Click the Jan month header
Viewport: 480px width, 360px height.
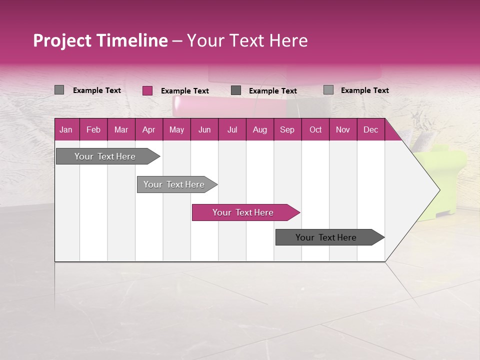click(66, 129)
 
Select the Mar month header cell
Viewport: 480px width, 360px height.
click(121, 129)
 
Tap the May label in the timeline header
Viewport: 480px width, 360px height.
click(176, 129)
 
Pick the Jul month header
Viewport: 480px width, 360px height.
click(232, 129)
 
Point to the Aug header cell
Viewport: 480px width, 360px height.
click(259, 129)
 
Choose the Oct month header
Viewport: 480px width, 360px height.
click(315, 129)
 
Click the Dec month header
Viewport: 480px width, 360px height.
click(370, 129)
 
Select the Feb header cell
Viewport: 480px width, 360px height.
click(93, 129)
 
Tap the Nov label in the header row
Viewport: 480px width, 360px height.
click(342, 129)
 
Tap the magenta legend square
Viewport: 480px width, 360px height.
click(147, 90)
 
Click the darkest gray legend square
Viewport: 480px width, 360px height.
click(236, 90)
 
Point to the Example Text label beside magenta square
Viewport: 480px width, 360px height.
click(184, 91)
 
